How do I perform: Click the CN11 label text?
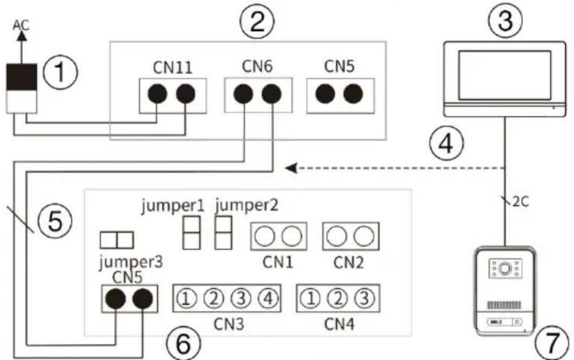tap(173, 67)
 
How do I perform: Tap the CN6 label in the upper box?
tap(257, 66)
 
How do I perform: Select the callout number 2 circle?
tap(257, 21)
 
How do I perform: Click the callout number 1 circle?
tap(60, 72)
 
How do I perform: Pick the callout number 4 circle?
tap(446, 143)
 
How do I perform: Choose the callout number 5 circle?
tap(55, 221)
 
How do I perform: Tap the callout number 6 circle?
tap(183, 344)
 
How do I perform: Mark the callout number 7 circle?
tap(552, 342)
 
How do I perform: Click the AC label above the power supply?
tap(21, 25)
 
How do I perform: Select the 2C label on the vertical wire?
tap(520, 202)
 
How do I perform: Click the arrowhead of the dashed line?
tap(291, 169)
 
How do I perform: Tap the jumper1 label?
tap(173, 206)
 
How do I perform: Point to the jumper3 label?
tap(131, 262)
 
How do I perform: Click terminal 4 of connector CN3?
tap(268, 299)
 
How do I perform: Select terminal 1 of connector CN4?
tap(310, 299)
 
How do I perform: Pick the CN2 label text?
tap(349, 263)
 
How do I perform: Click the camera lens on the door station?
tap(505, 268)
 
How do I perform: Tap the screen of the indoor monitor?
tap(505, 75)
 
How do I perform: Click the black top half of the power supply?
tap(22, 77)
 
